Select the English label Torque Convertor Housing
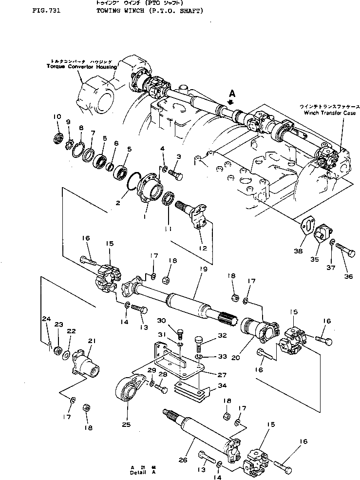(82, 66)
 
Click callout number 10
(57, 116)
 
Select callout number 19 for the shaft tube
(204, 269)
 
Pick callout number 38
(298, 251)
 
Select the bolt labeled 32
(200, 343)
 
